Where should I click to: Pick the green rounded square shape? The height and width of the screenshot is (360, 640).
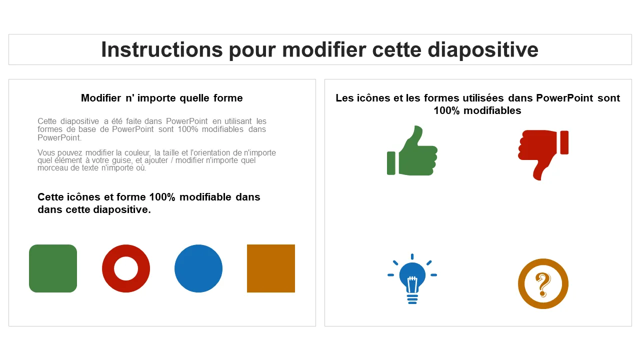coord(53,268)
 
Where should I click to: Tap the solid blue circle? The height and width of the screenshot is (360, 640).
coord(198,268)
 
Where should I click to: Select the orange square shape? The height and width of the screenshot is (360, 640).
coord(271,268)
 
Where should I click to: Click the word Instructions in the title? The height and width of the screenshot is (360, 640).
coord(162,49)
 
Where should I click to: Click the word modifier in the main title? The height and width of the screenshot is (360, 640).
coord(324,49)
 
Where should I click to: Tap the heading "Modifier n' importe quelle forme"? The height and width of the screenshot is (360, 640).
coord(161,98)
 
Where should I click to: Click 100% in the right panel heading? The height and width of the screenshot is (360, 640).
coord(446,110)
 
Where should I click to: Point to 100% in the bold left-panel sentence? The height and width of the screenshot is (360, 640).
coord(162,197)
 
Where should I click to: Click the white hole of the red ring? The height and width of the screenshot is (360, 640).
coord(125,268)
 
